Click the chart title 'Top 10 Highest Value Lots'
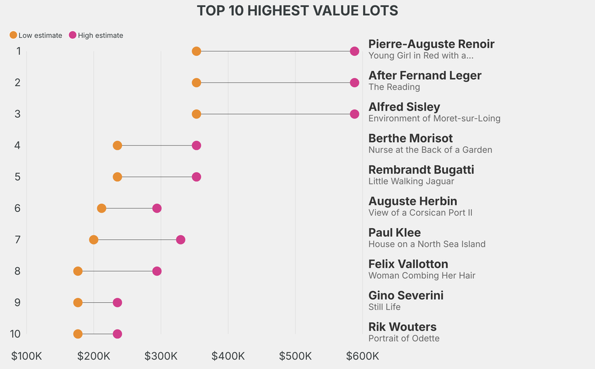pos(297,10)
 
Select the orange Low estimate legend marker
pos(13,36)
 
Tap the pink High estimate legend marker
pos(73,36)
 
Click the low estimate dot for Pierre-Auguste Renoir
pos(196,51)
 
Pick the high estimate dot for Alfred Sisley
pos(354,114)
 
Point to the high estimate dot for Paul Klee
pos(181,240)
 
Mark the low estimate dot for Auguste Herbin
pos(102,208)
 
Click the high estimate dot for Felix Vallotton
pos(157,271)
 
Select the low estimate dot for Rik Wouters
pos(78,334)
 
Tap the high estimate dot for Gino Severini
pos(117,303)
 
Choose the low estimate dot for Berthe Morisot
pos(117,146)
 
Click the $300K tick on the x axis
pos(161,356)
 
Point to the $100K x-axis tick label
pos(27,356)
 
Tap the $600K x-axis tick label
pos(363,356)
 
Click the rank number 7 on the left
pos(18,240)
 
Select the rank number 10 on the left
pos(16,334)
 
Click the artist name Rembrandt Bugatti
pos(421,170)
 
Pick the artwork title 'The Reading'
pos(394,87)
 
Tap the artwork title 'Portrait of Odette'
pos(404,339)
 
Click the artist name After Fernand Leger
pos(425,76)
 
